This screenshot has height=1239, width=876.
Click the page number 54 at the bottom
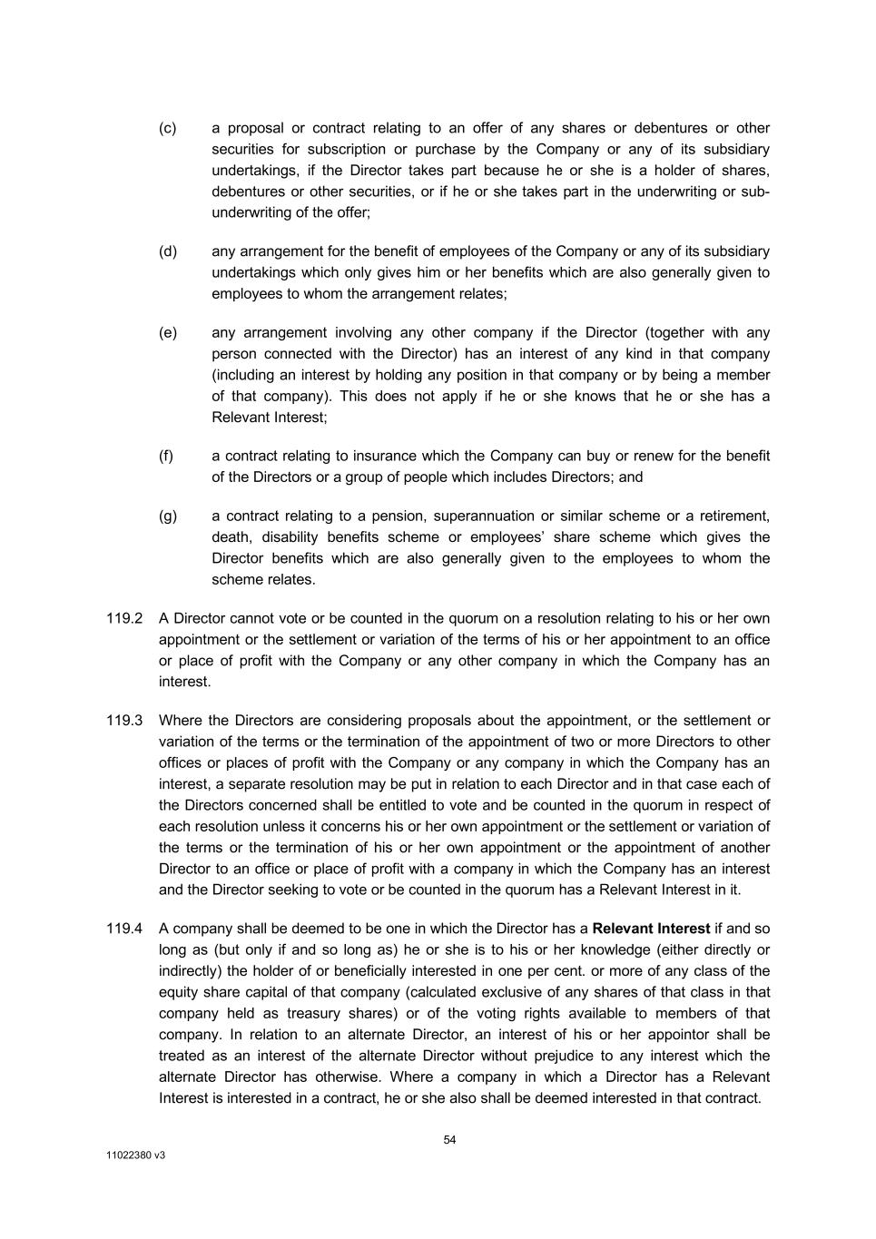449,1140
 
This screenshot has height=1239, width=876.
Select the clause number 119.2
124,619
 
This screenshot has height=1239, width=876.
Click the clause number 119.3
124,721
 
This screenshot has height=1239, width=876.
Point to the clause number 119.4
124,929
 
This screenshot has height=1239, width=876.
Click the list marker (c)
167,128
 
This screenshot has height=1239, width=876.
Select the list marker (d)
167,251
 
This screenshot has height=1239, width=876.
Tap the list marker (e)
167,333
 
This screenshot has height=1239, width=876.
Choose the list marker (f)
166,457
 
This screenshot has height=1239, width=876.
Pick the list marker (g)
167,516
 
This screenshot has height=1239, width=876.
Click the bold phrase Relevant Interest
651,929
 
